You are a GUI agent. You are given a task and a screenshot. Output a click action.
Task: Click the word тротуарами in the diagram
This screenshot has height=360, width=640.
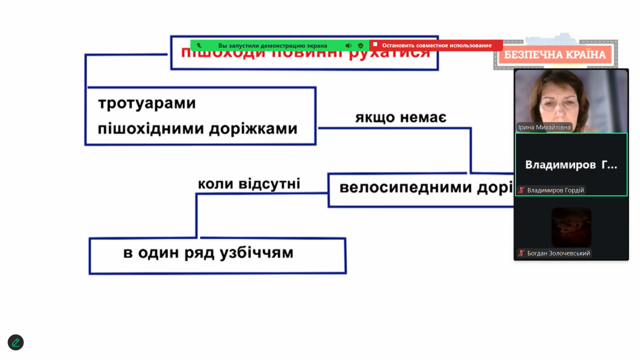[x=146, y=103]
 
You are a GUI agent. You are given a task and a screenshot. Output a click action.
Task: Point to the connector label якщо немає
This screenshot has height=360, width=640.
[x=400, y=118]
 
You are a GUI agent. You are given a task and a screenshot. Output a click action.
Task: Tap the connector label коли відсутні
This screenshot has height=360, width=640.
[x=249, y=184]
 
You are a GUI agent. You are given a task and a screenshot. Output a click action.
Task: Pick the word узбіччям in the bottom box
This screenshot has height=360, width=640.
[x=256, y=253]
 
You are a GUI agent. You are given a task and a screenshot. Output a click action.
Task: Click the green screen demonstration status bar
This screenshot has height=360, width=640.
[x=272, y=45]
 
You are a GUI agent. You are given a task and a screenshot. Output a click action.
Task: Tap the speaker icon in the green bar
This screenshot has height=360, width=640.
[x=348, y=45]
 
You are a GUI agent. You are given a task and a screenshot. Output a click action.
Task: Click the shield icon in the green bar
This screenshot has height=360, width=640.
[x=360, y=45]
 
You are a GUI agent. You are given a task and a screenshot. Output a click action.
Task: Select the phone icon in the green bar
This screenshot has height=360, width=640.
[x=199, y=45]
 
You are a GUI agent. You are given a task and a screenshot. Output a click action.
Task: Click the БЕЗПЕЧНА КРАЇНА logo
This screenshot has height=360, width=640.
[x=555, y=54]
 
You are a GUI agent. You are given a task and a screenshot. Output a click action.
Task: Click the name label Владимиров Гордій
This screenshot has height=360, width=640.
[x=555, y=190]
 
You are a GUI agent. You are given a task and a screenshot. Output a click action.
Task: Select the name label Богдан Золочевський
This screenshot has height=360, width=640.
[x=558, y=253]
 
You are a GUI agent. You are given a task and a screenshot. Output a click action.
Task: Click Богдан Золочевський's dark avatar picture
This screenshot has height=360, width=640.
[x=571, y=227]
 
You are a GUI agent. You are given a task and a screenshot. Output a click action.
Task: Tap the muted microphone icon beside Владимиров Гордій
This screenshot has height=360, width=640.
[x=521, y=190]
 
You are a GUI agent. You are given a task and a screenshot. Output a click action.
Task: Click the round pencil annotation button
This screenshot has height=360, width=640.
[x=15, y=342]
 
